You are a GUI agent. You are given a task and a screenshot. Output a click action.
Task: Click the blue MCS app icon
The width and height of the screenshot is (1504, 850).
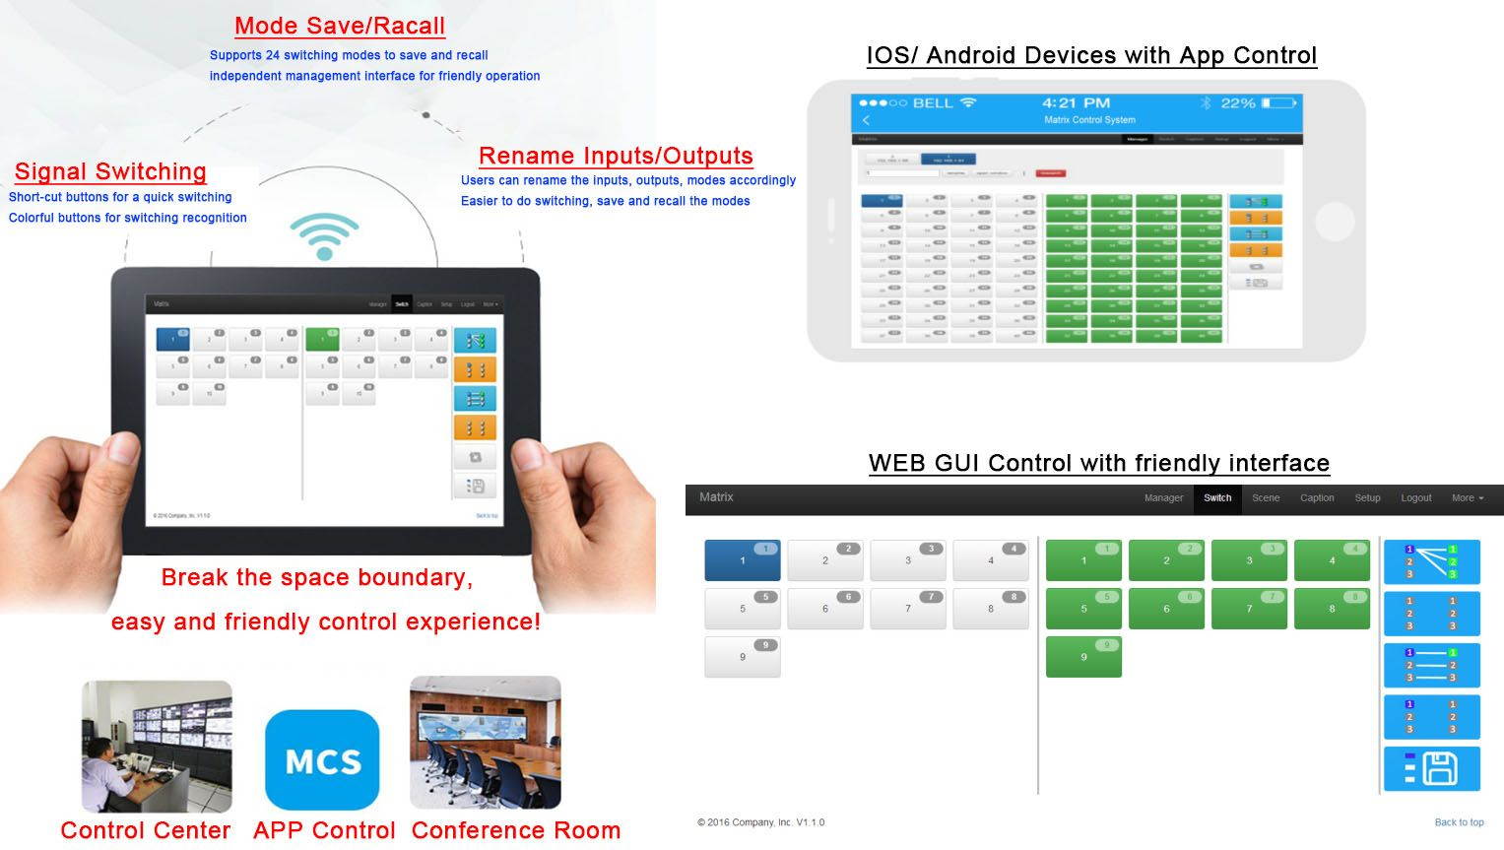click(322, 759)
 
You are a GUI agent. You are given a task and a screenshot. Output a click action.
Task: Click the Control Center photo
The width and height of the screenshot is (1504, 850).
click(157, 746)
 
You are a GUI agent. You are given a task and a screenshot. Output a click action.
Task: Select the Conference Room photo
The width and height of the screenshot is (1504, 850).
click(485, 742)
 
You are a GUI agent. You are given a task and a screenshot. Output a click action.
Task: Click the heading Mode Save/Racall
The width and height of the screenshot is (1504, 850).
click(340, 27)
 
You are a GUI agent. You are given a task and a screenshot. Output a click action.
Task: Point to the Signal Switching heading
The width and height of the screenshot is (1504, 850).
click(110, 171)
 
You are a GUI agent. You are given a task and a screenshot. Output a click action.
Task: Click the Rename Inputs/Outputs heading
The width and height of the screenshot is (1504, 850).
click(616, 156)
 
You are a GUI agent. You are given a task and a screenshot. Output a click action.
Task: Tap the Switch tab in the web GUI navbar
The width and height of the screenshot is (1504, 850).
click(1217, 498)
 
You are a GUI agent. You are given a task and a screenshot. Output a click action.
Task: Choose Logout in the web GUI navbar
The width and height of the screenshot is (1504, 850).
click(1415, 498)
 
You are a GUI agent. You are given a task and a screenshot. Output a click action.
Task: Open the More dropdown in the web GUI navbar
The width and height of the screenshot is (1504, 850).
click(1467, 498)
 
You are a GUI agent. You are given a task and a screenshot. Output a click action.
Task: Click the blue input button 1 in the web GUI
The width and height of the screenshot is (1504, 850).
click(743, 559)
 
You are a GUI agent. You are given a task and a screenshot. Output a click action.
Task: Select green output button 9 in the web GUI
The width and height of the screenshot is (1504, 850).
click(1083, 656)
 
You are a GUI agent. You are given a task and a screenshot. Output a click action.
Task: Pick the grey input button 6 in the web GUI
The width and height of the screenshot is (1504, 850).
click(825, 609)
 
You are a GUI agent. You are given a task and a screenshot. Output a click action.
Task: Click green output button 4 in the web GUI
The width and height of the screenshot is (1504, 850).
click(1332, 559)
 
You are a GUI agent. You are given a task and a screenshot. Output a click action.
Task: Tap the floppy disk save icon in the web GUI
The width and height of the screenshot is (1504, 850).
click(1432, 768)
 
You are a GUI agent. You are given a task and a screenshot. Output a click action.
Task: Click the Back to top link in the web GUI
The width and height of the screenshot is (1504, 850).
click(1459, 822)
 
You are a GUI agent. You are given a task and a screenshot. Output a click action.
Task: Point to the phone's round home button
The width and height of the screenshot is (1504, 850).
click(1335, 222)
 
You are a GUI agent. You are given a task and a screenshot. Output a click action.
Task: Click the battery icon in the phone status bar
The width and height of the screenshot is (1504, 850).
click(1279, 102)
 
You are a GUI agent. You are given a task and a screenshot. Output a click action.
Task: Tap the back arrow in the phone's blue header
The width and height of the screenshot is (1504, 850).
click(867, 120)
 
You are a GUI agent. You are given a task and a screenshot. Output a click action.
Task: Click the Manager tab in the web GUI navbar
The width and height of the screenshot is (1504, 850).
click(1163, 498)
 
